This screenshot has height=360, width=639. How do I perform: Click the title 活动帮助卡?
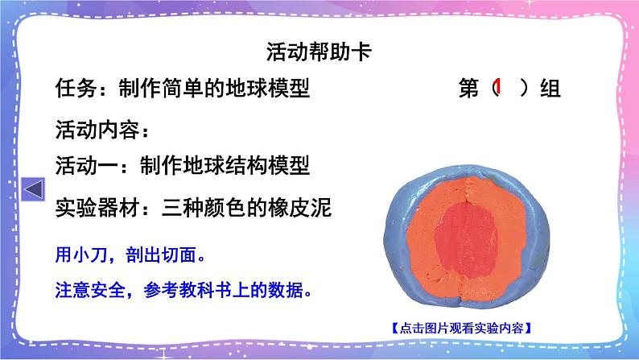tap(318, 52)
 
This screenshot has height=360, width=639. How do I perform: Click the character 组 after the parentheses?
tap(550, 89)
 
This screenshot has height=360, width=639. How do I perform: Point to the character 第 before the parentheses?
tap(468, 89)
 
